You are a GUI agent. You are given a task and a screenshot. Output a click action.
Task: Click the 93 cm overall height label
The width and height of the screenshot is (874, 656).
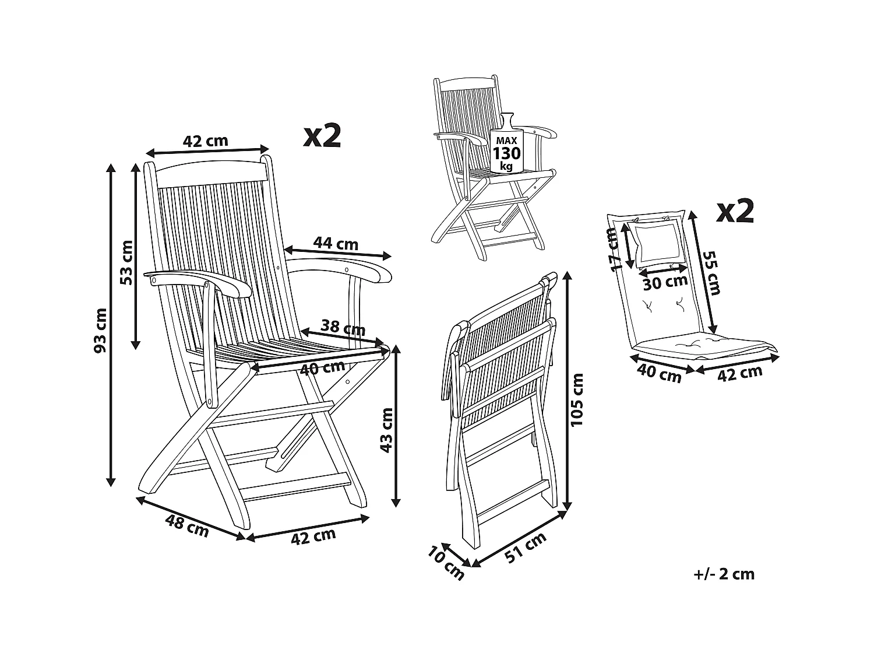pos(100,330)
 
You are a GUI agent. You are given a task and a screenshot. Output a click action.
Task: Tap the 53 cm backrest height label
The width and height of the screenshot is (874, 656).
pos(126,262)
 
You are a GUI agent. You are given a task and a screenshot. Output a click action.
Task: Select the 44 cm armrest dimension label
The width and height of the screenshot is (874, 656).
pos(336,243)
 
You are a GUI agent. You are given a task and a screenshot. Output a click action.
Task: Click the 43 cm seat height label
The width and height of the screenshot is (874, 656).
pos(386,430)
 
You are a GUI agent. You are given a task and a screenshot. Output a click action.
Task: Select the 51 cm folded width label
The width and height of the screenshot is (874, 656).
pos(526,548)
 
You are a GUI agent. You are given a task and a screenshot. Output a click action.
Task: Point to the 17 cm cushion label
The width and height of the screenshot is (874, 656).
pos(611,250)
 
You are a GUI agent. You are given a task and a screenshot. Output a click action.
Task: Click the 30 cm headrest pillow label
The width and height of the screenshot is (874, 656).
pos(665,283)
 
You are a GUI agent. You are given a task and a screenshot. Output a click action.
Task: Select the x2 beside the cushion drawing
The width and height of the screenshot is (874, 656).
pos(735,211)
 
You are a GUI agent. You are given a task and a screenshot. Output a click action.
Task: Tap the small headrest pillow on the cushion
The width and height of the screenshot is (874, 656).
pos(655,242)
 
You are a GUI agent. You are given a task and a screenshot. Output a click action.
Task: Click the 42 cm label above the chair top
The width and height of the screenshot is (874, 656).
pos(205,141)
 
